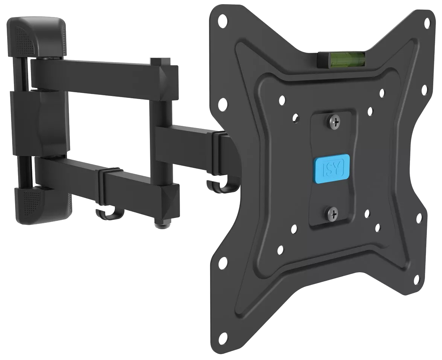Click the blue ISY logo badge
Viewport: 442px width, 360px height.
coord(331,168)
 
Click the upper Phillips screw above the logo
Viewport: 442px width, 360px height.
coord(335,122)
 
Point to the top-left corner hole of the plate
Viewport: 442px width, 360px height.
coord(223,21)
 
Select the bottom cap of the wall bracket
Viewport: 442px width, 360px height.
coord(42,204)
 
